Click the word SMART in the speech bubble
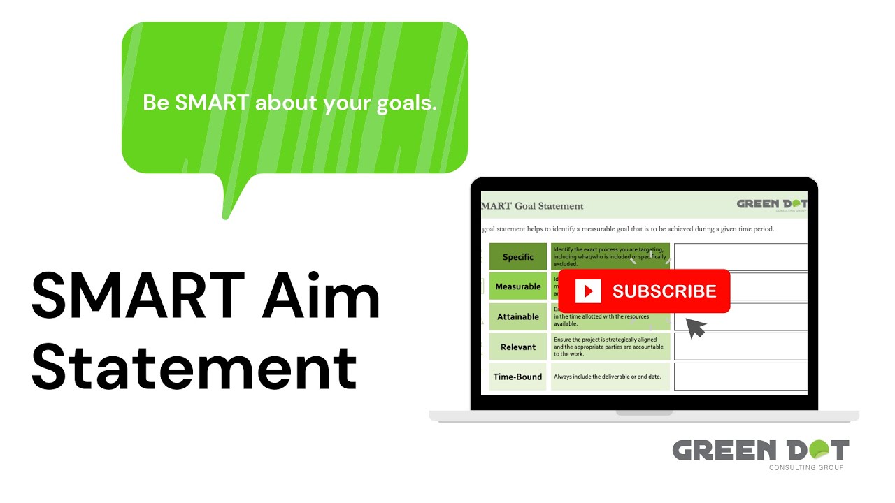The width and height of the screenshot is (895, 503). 212,103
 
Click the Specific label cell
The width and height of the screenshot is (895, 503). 517,256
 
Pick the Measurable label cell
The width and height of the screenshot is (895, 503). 517,286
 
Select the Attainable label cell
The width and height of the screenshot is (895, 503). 517,316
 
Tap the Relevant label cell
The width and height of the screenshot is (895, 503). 517,347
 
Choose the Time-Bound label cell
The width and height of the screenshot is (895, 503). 517,377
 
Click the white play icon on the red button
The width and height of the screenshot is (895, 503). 588,291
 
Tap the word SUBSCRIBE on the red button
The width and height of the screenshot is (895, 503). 664,291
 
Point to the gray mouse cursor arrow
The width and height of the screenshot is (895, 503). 695,327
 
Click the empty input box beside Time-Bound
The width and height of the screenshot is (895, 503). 740,377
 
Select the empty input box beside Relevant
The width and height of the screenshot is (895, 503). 740,347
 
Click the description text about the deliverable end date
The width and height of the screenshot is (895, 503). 607,377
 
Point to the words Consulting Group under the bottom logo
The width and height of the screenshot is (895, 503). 805,467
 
